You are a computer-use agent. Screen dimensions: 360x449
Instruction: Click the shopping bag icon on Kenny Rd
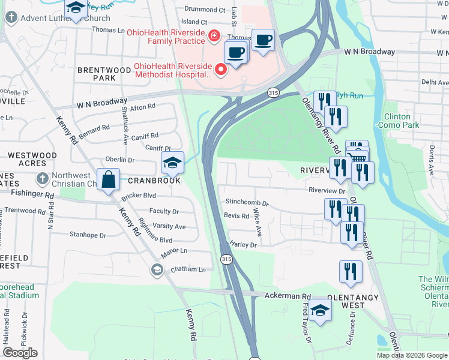click(x=108, y=180)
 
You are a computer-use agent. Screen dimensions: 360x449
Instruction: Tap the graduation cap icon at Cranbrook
click(x=172, y=163)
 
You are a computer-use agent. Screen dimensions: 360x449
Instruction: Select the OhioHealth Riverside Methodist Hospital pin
click(x=221, y=71)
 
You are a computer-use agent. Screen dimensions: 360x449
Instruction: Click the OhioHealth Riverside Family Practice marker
click(x=212, y=37)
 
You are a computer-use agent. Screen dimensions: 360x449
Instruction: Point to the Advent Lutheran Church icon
click(x=11, y=18)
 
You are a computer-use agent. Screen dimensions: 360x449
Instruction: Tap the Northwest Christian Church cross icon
click(x=42, y=179)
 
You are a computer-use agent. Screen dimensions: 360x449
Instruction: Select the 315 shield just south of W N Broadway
click(x=273, y=93)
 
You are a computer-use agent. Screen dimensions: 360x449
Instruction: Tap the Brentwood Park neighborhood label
click(x=104, y=74)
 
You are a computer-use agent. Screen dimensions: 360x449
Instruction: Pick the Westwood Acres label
click(x=32, y=160)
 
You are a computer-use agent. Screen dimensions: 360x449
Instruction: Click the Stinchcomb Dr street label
click(x=247, y=202)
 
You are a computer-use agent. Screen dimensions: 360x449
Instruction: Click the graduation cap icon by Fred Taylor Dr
click(x=321, y=311)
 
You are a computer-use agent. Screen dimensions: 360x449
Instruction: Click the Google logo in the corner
click(x=20, y=352)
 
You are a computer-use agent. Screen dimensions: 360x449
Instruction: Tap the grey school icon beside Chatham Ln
click(x=157, y=269)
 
